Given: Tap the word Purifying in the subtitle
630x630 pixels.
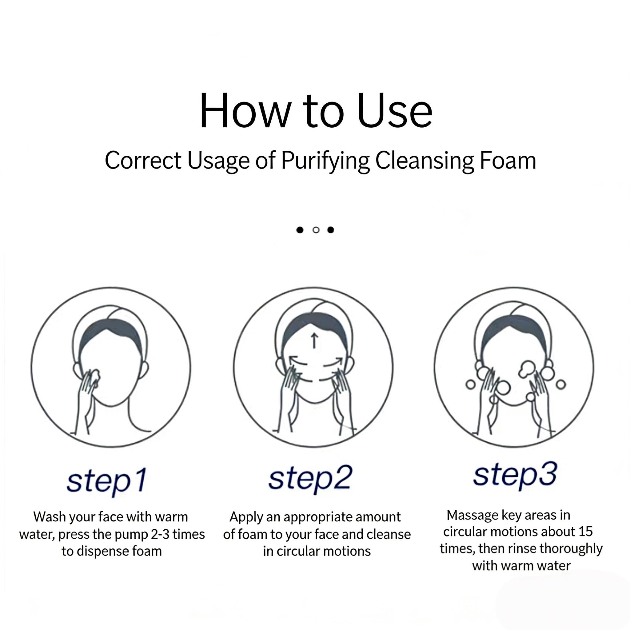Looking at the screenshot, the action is coord(325,161).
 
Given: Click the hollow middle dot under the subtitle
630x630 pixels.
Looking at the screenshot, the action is coord(316,230).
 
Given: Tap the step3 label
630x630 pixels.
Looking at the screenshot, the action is coord(515,476).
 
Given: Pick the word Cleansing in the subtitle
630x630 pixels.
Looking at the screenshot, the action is coord(424,161).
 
